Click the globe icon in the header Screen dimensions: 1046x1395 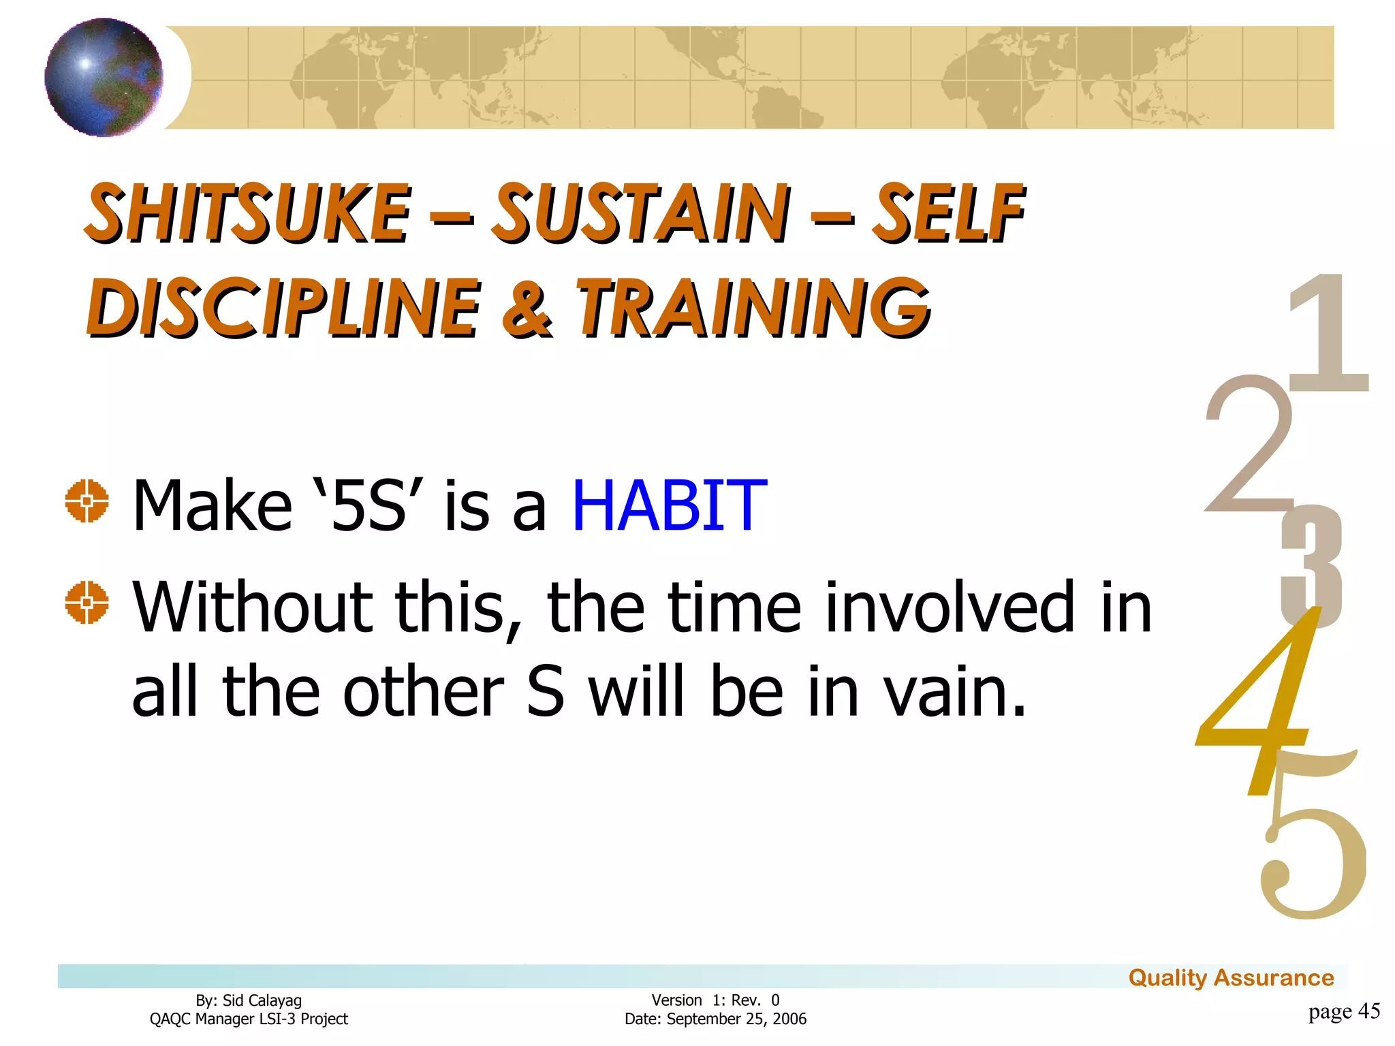point(104,77)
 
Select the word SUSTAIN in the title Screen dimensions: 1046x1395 point(641,213)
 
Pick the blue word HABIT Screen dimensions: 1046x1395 point(670,505)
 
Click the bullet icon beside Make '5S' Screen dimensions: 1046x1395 point(87,501)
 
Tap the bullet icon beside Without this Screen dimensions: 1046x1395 point(87,602)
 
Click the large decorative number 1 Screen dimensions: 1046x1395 point(1327,334)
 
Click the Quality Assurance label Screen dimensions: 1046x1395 point(1231,978)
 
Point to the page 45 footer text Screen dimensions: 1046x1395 point(1343,1011)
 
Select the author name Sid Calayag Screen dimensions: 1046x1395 point(262,1000)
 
